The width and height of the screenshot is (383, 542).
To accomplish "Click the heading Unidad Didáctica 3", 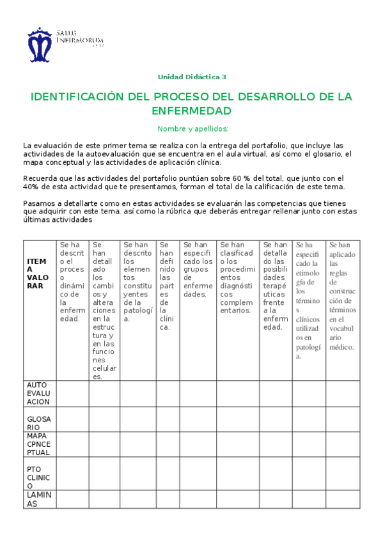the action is pos(192,77).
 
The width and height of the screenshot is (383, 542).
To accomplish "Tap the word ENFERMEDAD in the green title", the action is pos(192,111).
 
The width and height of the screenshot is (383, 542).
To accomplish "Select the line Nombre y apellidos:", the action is pos(192,128).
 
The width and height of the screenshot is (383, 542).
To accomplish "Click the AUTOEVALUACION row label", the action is pos(38,393).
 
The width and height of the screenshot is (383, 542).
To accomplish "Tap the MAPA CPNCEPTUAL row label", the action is pos(38,444).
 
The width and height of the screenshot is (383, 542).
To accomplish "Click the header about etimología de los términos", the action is pos(308,300).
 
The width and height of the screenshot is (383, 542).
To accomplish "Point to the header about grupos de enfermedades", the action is pos(198,269).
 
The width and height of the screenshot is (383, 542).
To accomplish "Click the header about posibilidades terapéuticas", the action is pos(275,285).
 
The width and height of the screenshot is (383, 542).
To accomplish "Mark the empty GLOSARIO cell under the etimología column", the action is pos(308,419).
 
